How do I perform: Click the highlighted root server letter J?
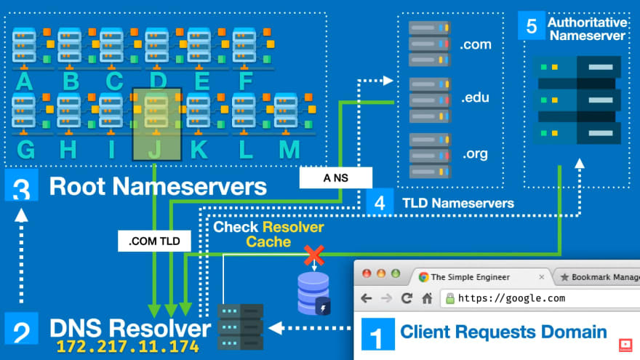[x=155, y=149]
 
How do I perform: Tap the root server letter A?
[x=24, y=80]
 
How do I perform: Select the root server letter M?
[x=289, y=149]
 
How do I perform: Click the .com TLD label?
[x=476, y=45]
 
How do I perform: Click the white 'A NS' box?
[x=335, y=177]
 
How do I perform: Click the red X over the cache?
[x=314, y=255]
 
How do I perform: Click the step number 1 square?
[x=377, y=337]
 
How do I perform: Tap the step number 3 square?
[x=20, y=186]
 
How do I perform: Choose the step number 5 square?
[x=531, y=27]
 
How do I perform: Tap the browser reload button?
[x=407, y=298]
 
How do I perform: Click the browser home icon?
[x=427, y=298]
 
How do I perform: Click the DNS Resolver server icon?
[x=241, y=327]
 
